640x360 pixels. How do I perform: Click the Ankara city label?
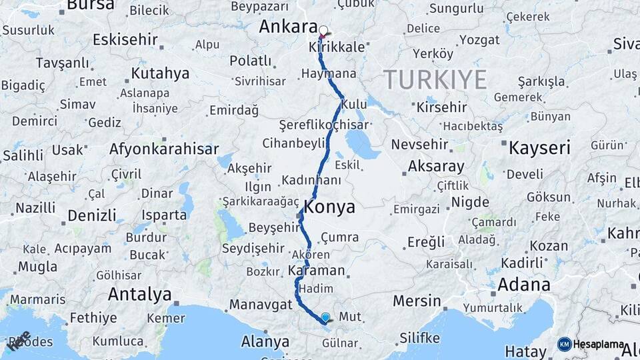coord(287,27)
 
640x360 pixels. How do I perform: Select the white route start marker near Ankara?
coord(324,31)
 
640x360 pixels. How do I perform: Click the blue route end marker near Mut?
coord(325,318)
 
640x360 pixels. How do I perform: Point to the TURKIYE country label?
coord(435,80)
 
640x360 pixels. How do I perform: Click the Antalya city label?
coord(139,294)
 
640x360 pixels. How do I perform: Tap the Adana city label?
coord(523,285)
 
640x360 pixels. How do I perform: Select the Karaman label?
coord(317,271)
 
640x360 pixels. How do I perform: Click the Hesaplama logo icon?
coord(565,344)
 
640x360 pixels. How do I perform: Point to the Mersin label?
coord(417,301)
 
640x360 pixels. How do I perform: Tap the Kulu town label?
coord(353,105)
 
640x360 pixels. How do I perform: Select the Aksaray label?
coord(436,166)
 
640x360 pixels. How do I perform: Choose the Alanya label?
coord(265,342)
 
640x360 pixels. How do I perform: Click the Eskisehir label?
coord(124,39)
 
